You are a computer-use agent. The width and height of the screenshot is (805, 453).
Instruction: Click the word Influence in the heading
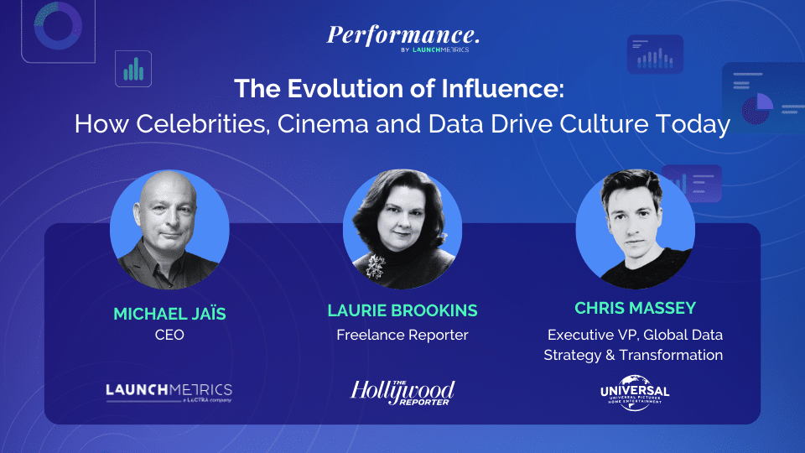pos(502,88)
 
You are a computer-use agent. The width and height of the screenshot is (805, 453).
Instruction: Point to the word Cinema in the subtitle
pos(323,124)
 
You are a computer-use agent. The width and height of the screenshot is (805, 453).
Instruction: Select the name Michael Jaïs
pos(169,313)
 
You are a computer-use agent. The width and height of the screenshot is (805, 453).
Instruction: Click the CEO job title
pos(169,335)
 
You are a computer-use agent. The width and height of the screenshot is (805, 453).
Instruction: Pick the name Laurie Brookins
pos(402,310)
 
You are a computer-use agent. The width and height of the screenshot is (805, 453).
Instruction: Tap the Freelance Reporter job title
pos(402,335)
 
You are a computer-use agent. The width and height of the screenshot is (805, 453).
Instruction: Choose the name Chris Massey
pos(635,308)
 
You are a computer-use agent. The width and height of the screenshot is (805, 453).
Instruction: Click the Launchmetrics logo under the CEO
pos(169,393)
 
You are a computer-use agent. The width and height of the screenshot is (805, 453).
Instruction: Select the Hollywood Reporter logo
pos(402,393)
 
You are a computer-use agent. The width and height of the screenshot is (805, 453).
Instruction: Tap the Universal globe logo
pos(635,393)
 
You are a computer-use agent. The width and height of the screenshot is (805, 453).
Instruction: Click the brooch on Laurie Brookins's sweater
pos(376,266)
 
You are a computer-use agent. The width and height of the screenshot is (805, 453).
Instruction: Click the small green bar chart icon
pos(133,69)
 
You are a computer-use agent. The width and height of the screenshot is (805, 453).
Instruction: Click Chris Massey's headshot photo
pos(635,228)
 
